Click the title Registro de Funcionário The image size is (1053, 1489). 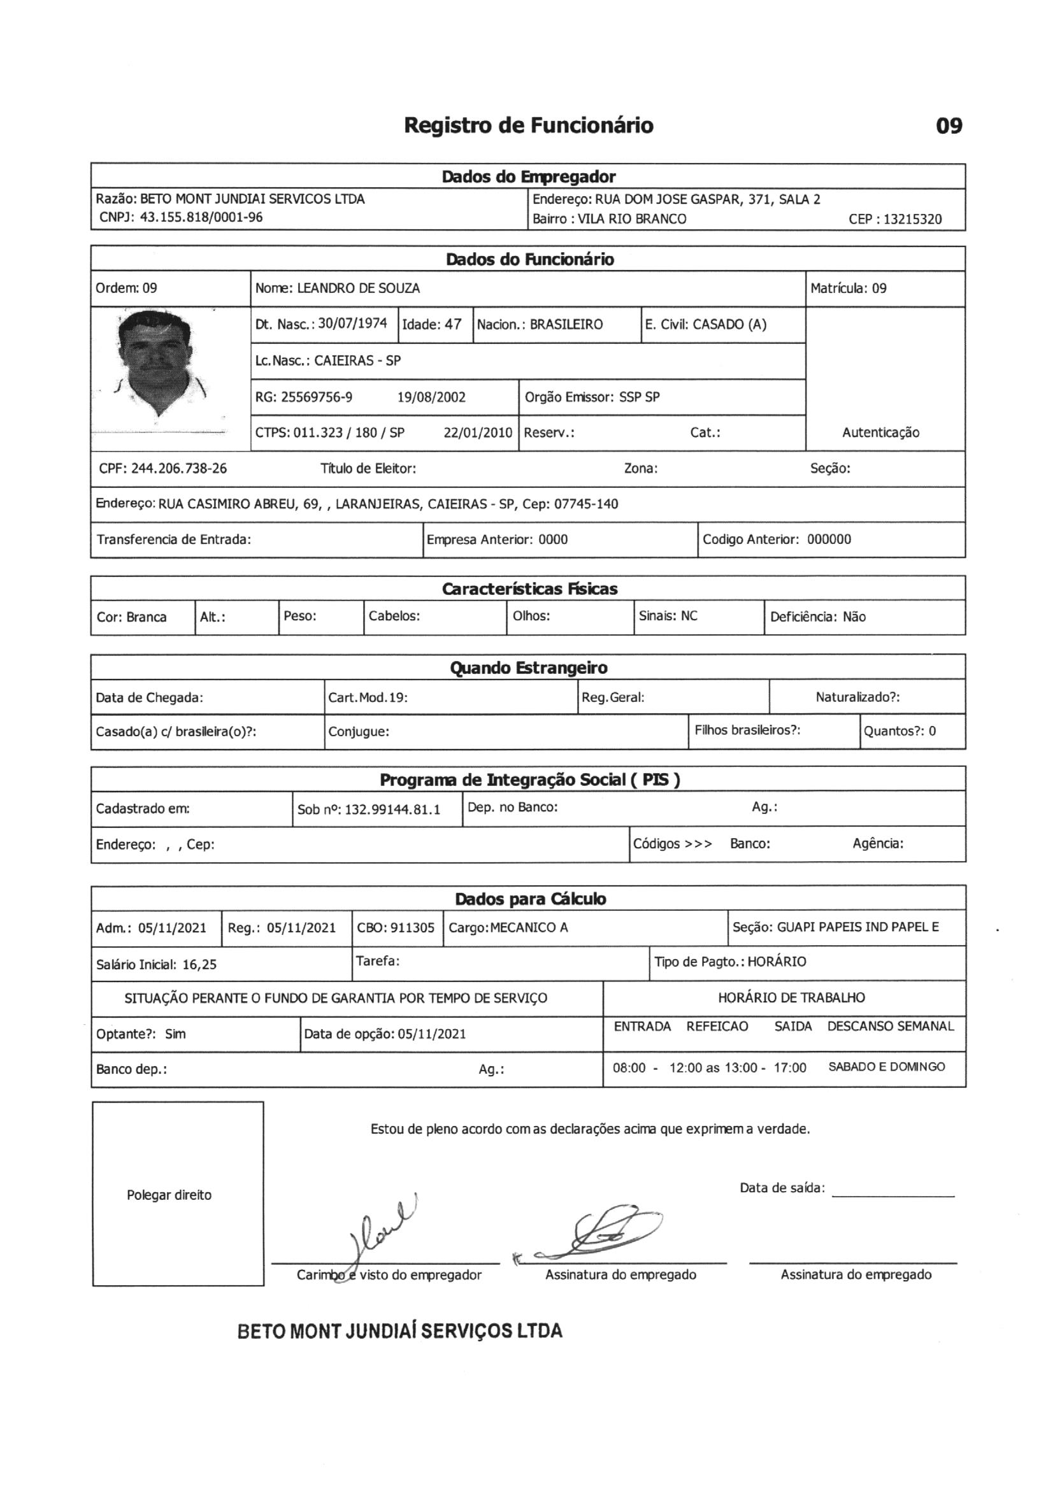click(x=528, y=125)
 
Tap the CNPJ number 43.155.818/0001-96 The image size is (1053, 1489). click(x=201, y=217)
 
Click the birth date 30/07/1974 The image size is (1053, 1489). click(x=352, y=324)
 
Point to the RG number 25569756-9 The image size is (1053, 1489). click(x=317, y=397)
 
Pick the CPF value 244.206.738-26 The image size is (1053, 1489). click(x=179, y=468)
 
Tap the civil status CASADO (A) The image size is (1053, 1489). click(x=729, y=324)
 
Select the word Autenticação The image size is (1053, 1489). click(x=880, y=432)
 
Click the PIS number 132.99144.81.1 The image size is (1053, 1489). click(x=392, y=809)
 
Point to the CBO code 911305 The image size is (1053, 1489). click(x=413, y=927)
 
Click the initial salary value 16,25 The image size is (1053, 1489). click(x=199, y=964)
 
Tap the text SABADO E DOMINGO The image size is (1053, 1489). click(x=886, y=1067)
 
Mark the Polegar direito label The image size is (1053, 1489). click(x=169, y=1195)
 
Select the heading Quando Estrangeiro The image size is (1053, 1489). click(x=528, y=667)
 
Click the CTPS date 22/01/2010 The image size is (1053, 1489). click(x=478, y=432)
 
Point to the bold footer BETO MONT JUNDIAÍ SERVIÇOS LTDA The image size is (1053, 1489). click(x=399, y=1331)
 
